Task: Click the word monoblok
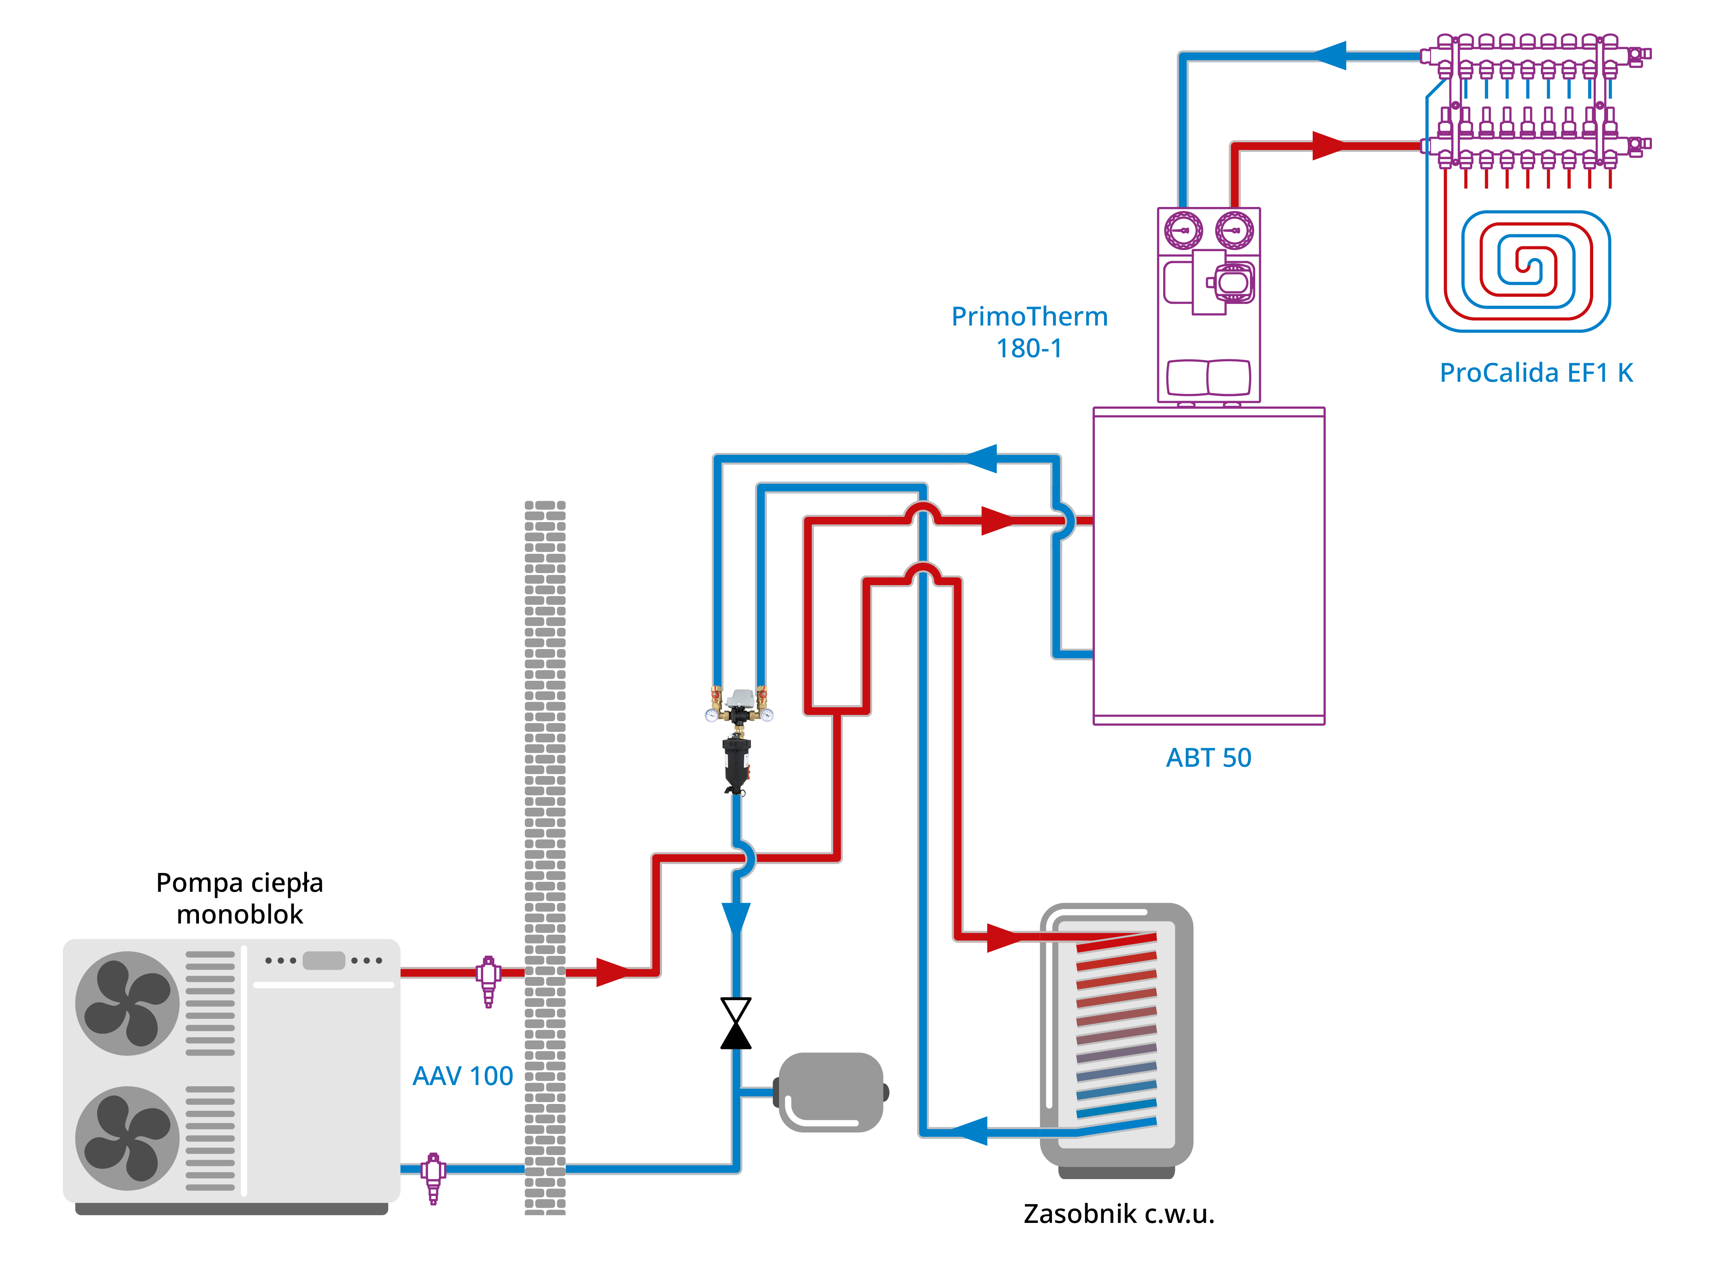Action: point(240,915)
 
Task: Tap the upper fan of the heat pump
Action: point(127,1003)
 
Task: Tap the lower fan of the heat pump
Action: point(127,1138)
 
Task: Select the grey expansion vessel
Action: point(831,1091)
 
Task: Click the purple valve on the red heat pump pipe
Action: point(488,978)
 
